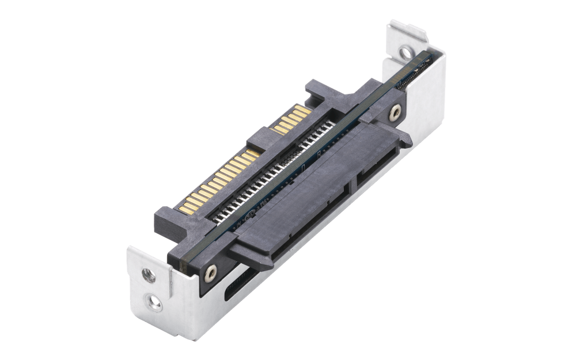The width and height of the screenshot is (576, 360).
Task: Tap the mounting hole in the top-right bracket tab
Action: point(406,53)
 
